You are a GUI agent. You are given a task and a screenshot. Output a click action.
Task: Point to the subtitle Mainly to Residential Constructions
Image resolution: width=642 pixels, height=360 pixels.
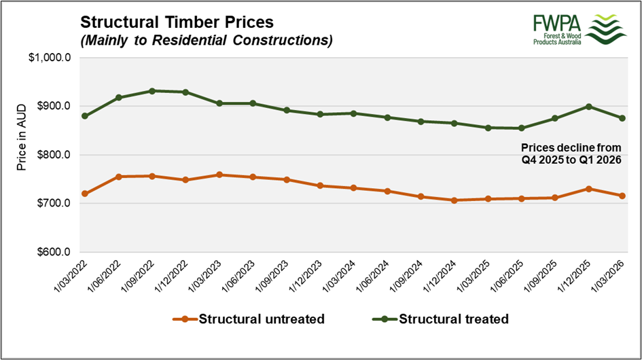pyautogui.click(x=206, y=40)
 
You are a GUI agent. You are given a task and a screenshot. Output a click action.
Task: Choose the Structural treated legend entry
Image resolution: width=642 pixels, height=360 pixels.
pyautogui.click(x=443, y=318)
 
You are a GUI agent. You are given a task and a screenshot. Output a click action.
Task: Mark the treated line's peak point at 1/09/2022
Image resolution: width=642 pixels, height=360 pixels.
pyautogui.click(x=152, y=90)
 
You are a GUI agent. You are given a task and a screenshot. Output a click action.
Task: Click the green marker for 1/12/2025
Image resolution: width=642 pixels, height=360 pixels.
pyautogui.click(x=588, y=107)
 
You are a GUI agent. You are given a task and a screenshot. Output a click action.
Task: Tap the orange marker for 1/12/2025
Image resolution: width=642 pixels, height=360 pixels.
pyautogui.click(x=588, y=189)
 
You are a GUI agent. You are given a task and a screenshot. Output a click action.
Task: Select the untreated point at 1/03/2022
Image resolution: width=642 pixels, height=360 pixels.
pyautogui.click(x=85, y=194)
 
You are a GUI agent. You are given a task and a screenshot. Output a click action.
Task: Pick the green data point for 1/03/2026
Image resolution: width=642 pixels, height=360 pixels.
pyautogui.click(x=622, y=118)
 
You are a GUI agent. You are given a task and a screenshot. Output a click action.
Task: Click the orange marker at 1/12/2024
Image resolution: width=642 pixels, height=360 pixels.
pyautogui.click(x=454, y=200)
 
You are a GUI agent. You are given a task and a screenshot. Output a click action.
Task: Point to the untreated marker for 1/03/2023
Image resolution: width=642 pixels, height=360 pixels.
pyautogui.click(x=219, y=175)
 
